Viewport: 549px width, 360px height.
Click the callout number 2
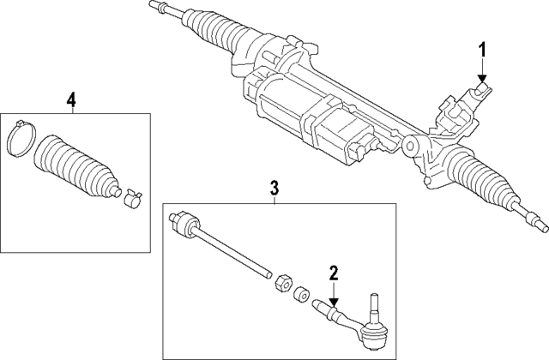(x=333, y=274)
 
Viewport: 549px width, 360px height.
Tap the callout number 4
(x=71, y=100)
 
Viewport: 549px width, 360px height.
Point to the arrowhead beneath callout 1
(x=481, y=80)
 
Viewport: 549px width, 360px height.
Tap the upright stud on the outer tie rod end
(x=374, y=304)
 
